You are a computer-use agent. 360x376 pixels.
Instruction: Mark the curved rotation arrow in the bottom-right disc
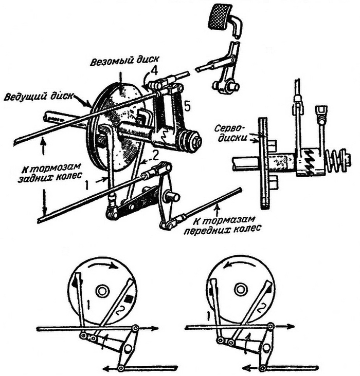241,267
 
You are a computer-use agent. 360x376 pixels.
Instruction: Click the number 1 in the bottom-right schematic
207,312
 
